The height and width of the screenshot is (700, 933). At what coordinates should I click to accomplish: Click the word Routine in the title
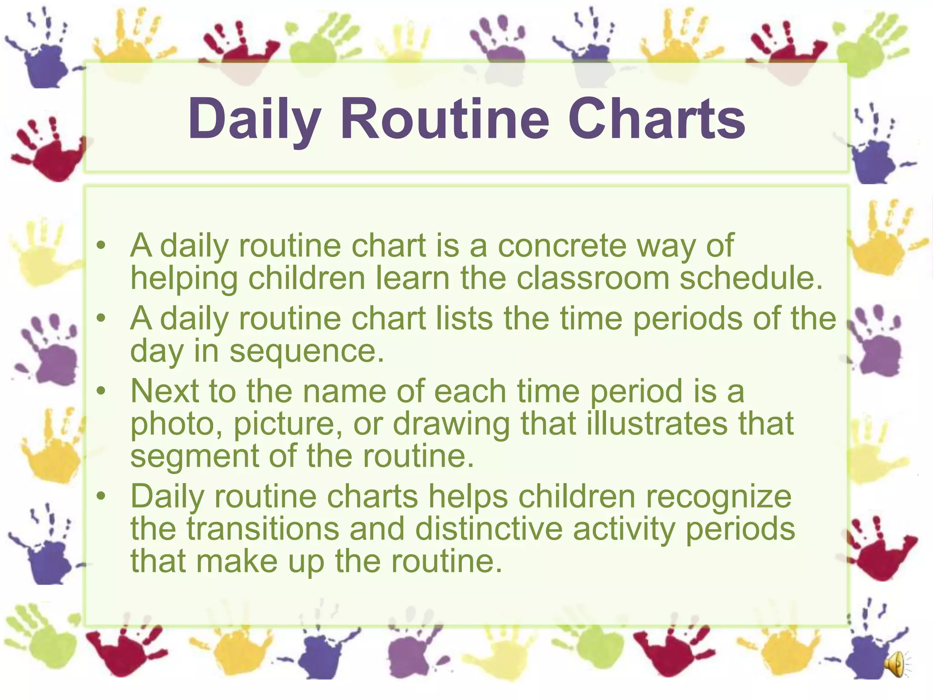click(x=445, y=119)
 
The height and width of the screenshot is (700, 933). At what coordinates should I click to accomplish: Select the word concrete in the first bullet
click(x=562, y=246)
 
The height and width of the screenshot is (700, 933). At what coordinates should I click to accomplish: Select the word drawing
click(x=451, y=424)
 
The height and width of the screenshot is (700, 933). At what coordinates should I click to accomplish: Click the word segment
click(x=194, y=457)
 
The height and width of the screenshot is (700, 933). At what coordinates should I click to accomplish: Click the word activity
click(x=624, y=530)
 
